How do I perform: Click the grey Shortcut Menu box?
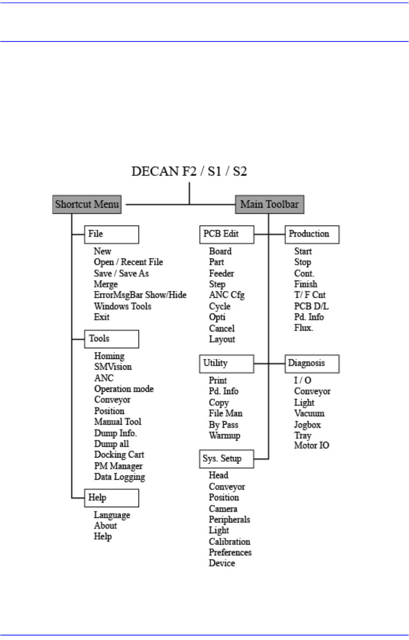[87, 204]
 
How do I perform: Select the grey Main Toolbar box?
[270, 204]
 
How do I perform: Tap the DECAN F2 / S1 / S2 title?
[189, 172]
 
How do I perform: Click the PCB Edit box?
[226, 234]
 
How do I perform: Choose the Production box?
[312, 234]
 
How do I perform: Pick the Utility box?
[226, 363]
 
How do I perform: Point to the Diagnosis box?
[312, 363]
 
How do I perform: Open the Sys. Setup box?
[226, 459]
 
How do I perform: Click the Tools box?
[111, 339]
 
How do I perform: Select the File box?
[111, 234]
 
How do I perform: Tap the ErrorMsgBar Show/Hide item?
[140, 295]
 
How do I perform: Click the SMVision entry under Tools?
[113, 367]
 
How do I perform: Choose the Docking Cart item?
[119, 455]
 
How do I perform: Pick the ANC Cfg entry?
[226, 295]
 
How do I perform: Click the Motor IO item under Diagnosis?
[311, 445]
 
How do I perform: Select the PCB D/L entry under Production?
[311, 306]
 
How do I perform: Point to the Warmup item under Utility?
[224, 436]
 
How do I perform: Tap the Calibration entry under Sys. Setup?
[229, 542]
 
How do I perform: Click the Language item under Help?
[112, 515]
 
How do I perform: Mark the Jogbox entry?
[307, 425]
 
